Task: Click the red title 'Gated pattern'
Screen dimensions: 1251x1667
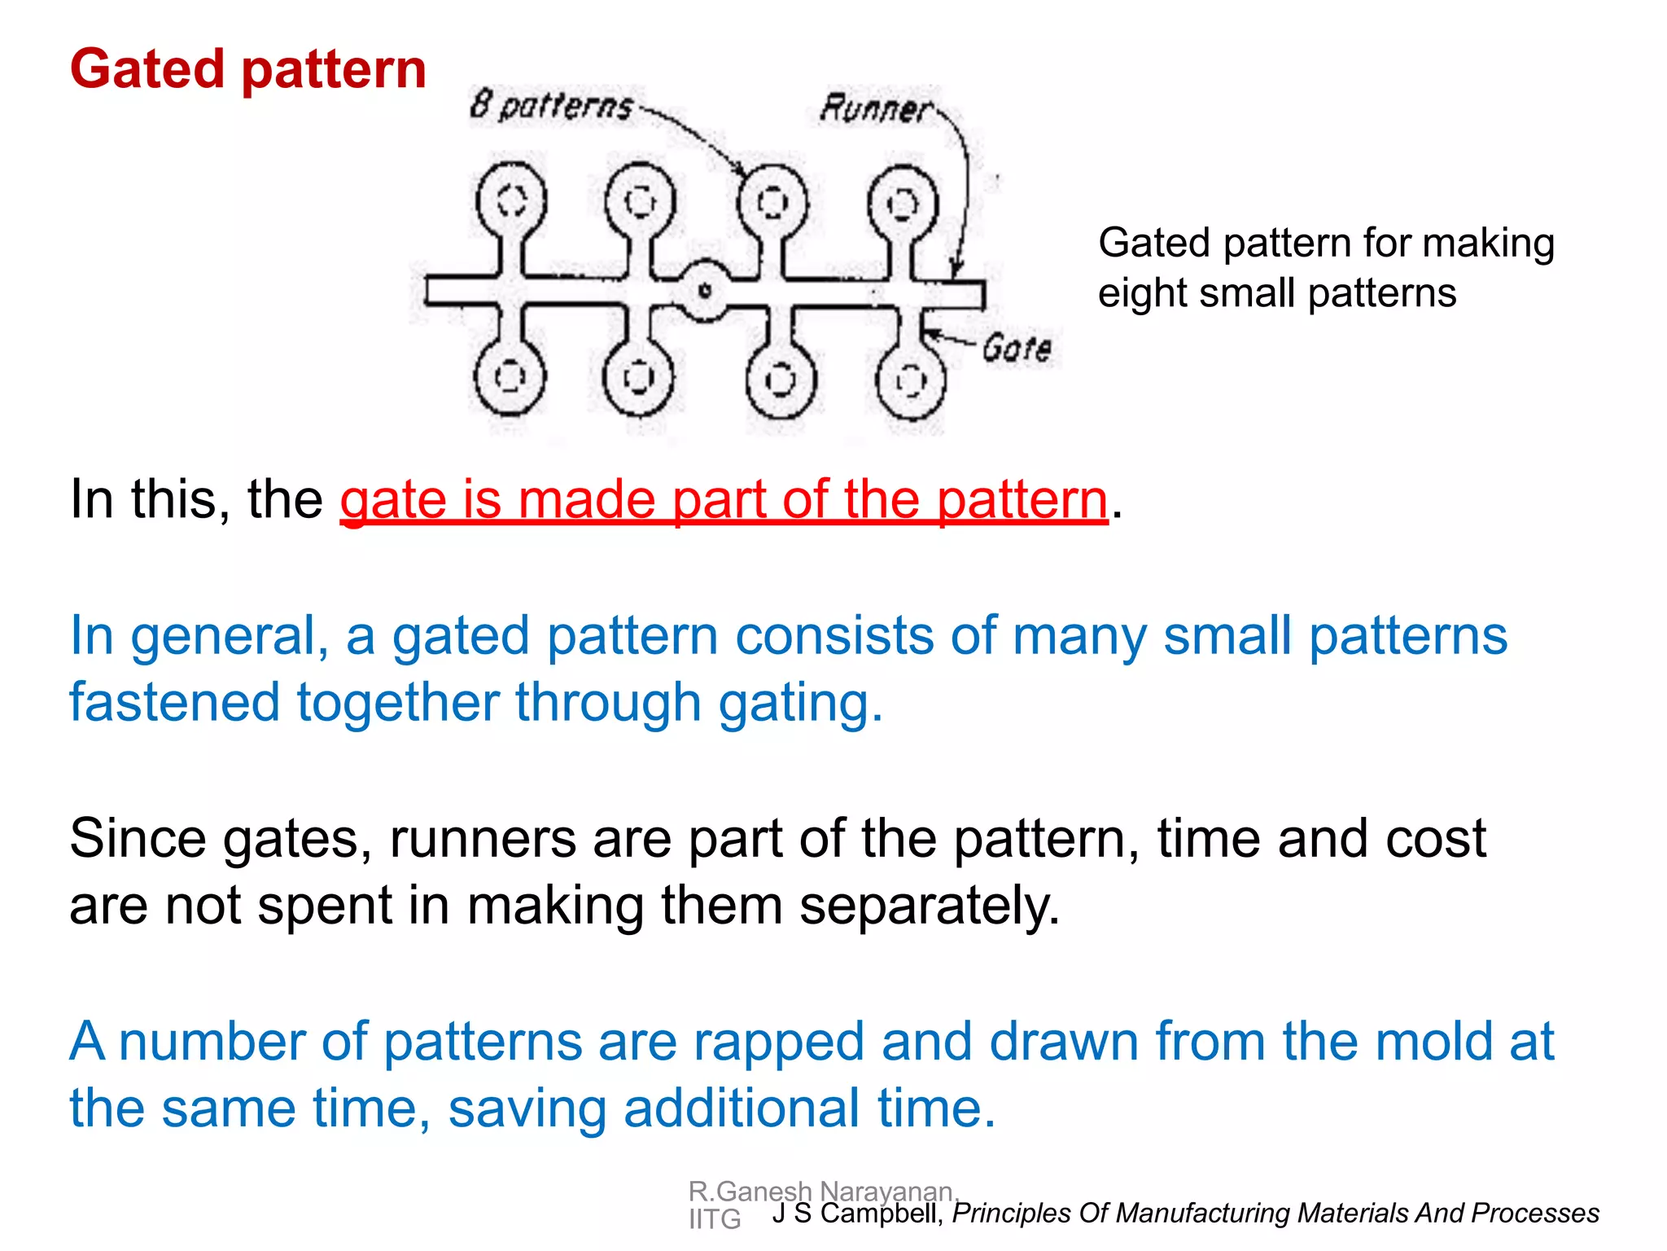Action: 248,69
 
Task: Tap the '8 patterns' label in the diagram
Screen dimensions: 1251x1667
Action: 552,107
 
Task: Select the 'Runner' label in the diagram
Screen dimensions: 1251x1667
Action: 876,108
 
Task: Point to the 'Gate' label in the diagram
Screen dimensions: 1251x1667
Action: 1017,349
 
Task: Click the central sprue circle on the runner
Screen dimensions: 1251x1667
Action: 705,290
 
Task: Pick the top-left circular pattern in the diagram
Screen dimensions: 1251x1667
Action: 511,201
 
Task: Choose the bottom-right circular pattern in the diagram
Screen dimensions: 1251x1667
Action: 910,380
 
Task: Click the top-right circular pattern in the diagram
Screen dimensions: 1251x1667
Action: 902,203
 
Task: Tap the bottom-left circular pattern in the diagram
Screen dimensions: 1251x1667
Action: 510,377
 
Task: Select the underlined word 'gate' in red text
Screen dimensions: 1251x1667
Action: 393,499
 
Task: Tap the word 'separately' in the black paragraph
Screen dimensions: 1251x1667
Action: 928,906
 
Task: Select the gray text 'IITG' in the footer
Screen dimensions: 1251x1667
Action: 715,1219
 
